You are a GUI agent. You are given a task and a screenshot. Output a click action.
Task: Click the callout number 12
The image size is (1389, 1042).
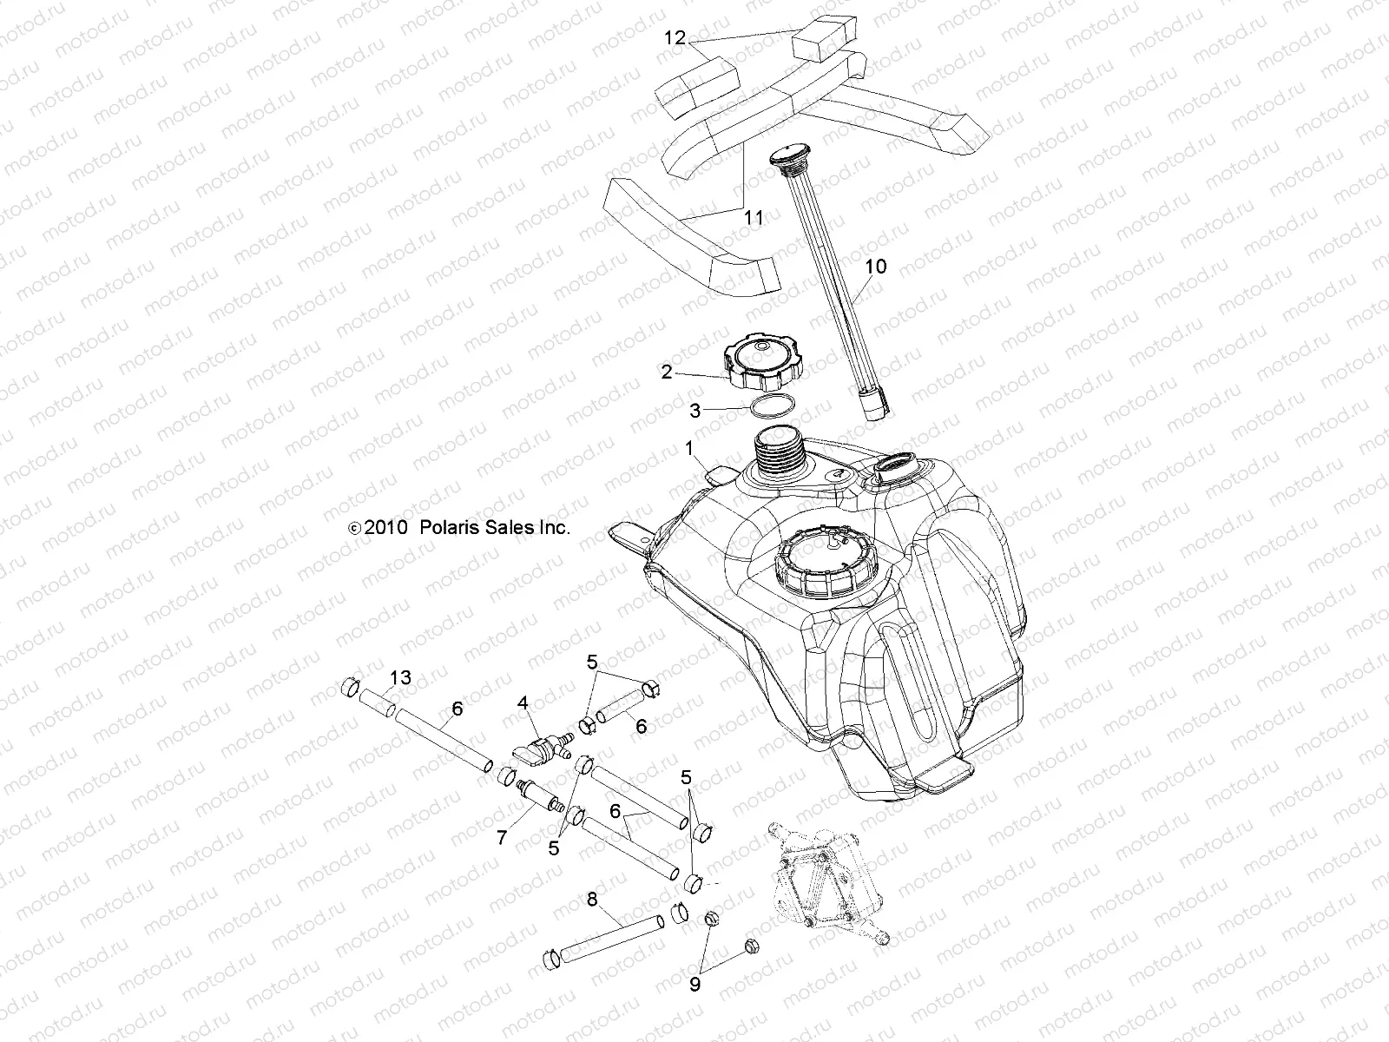[x=675, y=38]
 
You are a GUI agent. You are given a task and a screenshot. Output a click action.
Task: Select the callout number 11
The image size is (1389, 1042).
[x=754, y=217]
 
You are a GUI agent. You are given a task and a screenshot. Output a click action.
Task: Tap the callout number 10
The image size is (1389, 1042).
[x=876, y=267]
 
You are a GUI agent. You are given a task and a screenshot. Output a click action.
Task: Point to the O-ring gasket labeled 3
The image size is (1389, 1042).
[x=771, y=406]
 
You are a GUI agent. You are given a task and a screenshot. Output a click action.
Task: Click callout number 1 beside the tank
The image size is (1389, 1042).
[x=689, y=449]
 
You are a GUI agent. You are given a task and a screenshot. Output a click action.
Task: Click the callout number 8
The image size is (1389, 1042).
[x=592, y=900]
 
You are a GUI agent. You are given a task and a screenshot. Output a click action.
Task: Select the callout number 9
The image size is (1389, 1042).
[x=694, y=984]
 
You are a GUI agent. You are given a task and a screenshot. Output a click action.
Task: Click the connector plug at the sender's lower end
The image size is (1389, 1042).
[x=875, y=403]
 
